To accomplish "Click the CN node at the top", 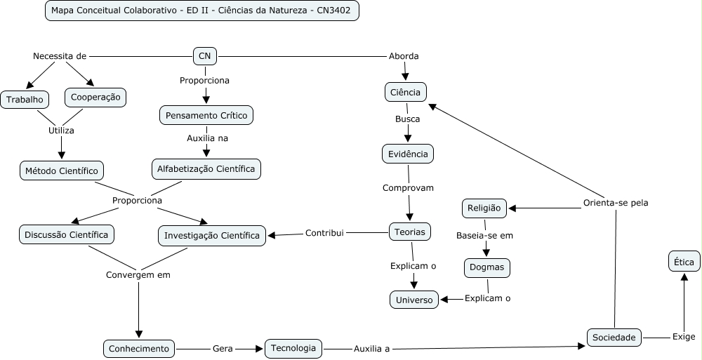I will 205,55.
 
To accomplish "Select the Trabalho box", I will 25,100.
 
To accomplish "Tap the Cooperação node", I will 95,97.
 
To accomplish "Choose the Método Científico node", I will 62,171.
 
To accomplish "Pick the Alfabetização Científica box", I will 206,168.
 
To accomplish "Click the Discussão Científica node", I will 67,234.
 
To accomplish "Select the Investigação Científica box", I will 212,235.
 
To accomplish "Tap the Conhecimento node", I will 139,348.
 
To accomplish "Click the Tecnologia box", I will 293,347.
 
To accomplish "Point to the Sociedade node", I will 614,338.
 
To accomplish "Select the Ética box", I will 683,262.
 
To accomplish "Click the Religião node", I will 484,208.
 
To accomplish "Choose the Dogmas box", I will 487,267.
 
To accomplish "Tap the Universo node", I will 415,300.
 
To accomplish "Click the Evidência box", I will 408,153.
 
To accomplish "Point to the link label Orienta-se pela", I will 616,203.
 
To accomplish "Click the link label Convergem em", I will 138,274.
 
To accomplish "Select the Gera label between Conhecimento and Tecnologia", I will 223,348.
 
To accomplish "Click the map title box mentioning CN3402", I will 201,11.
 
